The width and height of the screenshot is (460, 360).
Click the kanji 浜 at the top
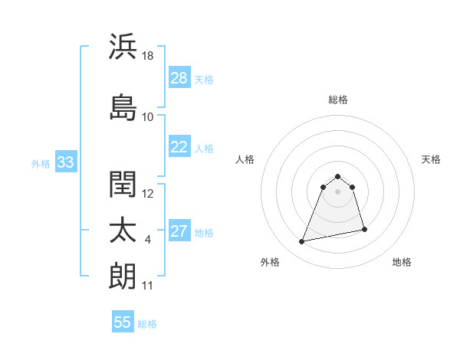(x=123, y=47)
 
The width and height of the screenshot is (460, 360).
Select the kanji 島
(x=123, y=107)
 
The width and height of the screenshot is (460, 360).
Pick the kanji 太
(x=123, y=231)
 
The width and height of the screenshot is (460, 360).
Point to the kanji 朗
(x=123, y=276)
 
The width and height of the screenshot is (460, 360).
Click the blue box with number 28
(x=179, y=78)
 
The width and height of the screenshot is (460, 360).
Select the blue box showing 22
(x=179, y=147)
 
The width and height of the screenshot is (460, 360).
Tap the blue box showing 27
(x=179, y=232)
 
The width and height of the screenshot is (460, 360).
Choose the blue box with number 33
(x=65, y=162)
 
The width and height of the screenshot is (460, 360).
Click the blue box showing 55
(x=123, y=322)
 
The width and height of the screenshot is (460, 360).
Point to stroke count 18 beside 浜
(x=149, y=56)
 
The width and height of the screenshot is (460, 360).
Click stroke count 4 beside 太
(x=147, y=240)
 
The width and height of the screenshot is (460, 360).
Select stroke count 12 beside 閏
(x=148, y=194)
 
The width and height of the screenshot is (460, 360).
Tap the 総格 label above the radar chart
(x=338, y=100)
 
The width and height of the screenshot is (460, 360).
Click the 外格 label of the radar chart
(x=270, y=262)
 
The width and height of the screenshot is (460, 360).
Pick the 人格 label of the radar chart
(x=245, y=159)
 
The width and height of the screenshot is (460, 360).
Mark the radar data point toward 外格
(x=302, y=242)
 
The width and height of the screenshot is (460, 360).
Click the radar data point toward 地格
(x=364, y=230)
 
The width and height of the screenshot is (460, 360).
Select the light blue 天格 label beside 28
(x=204, y=79)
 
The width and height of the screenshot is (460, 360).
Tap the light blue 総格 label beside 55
(x=147, y=323)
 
